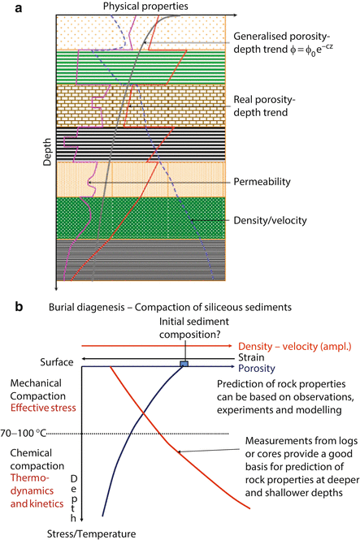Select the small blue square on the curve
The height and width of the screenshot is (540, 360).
(x=184, y=364)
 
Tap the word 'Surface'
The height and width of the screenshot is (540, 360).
(x=59, y=362)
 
